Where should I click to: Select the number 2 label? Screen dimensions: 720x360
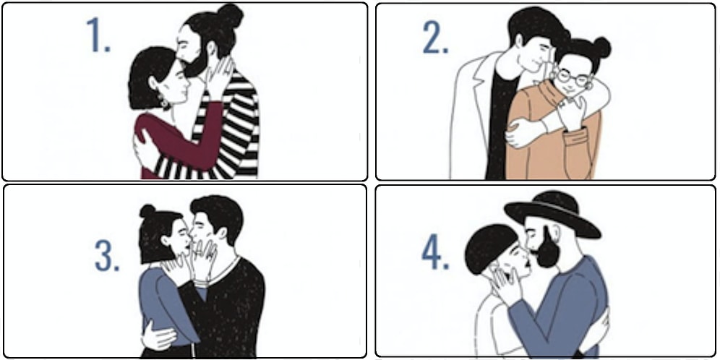click(x=435, y=37)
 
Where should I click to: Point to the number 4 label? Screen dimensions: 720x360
click(x=435, y=254)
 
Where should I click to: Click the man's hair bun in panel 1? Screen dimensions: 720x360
click(x=230, y=16)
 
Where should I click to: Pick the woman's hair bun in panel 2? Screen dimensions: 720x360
click(x=601, y=47)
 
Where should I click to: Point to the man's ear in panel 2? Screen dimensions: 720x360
click(x=519, y=42)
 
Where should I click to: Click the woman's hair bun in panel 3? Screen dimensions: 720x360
click(x=147, y=211)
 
